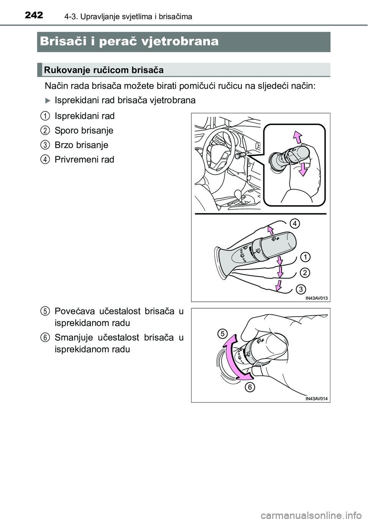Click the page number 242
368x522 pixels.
pos(34,15)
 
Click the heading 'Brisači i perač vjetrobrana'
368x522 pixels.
pos(129,42)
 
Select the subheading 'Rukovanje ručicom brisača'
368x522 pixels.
pos(103,70)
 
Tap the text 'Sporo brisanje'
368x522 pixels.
pos(84,130)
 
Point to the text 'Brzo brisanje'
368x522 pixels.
pos(82,145)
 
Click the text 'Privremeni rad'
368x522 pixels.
pos(84,160)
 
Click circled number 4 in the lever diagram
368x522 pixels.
pos(294,224)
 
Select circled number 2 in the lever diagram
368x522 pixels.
pos(305,273)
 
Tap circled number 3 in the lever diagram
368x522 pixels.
pos(301,289)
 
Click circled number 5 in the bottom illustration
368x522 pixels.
pos(222,334)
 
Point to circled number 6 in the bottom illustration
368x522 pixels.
pos(250,387)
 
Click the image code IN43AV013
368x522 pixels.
pos(316,298)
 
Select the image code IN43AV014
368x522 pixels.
pos(316,399)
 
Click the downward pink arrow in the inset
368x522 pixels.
pos(302,169)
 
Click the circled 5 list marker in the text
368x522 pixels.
pos(46,311)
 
